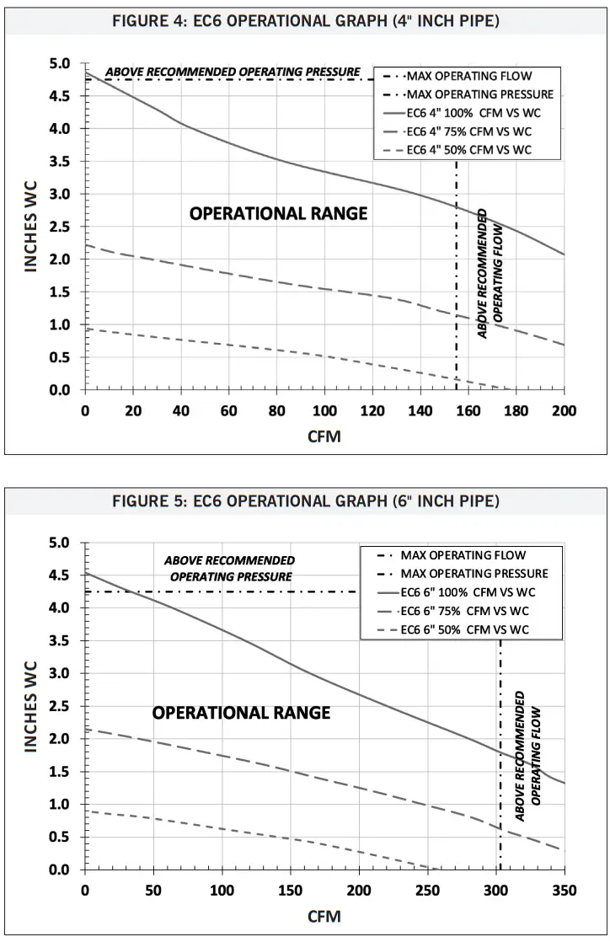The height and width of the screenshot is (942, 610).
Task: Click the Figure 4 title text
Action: point(305,21)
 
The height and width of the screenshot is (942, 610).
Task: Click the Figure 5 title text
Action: point(305,501)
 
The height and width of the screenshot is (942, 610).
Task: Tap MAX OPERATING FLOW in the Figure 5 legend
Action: point(463,555)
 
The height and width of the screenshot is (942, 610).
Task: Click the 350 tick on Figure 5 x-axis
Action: point(564,891)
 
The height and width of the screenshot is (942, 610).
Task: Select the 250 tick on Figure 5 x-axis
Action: point(427,891)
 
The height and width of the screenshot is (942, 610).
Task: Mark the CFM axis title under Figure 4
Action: point(324,437)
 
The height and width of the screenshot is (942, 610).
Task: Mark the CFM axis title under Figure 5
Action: point(324,916)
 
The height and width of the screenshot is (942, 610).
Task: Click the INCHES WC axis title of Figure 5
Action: point(32,706)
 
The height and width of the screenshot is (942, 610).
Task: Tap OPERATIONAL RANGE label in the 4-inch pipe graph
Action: point(278,214)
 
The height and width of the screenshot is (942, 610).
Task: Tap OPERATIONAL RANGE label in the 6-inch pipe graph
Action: point(241,714)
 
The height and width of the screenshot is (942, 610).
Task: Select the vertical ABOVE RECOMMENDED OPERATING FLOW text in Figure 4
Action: point(490,272)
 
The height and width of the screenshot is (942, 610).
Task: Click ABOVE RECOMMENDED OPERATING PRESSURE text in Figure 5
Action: point(230,569)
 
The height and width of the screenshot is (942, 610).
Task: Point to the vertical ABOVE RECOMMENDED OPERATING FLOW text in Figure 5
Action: point(527,756)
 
